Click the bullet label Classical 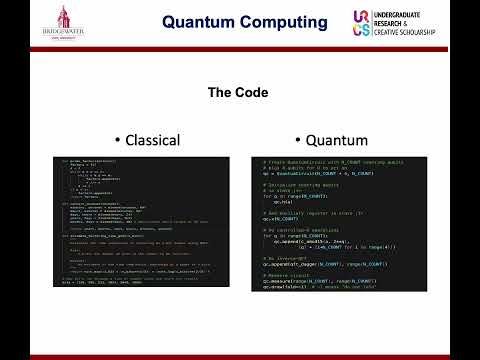point(149,140)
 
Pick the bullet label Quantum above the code point(334,140)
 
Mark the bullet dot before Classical point(118,140)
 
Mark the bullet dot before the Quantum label point(300,140)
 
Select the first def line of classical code point(90,160)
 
